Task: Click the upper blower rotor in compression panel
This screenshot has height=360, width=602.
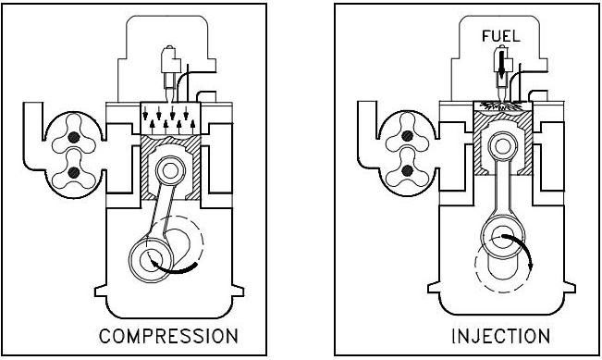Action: [72, 138]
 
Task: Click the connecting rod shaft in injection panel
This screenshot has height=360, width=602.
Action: [501, 194]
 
